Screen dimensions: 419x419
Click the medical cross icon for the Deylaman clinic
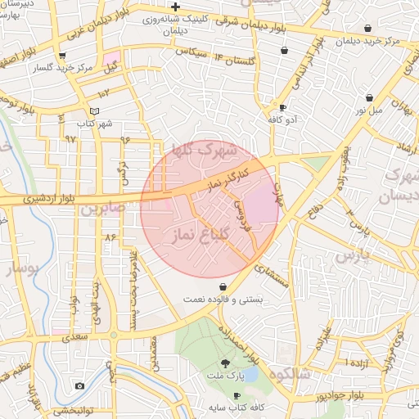175,7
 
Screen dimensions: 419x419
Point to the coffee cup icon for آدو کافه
282,107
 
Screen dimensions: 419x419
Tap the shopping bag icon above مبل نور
369,97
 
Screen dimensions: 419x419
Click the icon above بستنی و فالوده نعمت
223,286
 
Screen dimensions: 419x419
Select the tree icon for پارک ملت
225,363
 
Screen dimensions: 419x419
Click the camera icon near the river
79,385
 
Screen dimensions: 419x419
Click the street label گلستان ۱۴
235,60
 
